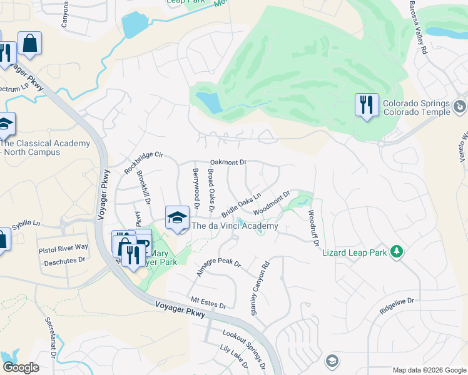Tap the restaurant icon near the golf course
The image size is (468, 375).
coord(366,104)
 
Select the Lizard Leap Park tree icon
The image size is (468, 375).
coord(395,251)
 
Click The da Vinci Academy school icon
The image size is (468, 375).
coord(177,218)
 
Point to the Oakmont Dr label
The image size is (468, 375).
coord(228,162)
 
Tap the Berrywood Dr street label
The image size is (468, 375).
coord(196,187)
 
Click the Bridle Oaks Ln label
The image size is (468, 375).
coord(241,205)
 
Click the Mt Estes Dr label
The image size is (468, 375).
coord(208,303)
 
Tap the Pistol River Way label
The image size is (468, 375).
coord(63,248)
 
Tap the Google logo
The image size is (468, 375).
coord(21,367)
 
